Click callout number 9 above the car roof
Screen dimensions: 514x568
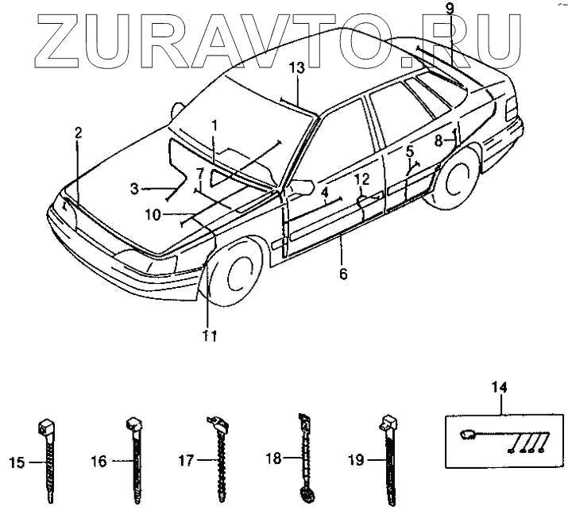[449, 10]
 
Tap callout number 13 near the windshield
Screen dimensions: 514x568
[296, 69]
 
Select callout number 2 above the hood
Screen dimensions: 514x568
[78, 133]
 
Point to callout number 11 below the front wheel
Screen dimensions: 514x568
[208, 336]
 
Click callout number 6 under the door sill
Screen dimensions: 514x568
[343, 274]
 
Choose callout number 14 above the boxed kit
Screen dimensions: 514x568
[499, 387]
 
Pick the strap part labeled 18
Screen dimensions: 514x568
[304, 458]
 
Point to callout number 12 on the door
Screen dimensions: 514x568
[361, 180]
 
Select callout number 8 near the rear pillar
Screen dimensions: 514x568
[438, 140]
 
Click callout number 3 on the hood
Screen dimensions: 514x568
[135, 189]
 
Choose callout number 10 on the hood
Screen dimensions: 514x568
[153, 214]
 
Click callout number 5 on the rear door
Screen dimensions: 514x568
[410, 151]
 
